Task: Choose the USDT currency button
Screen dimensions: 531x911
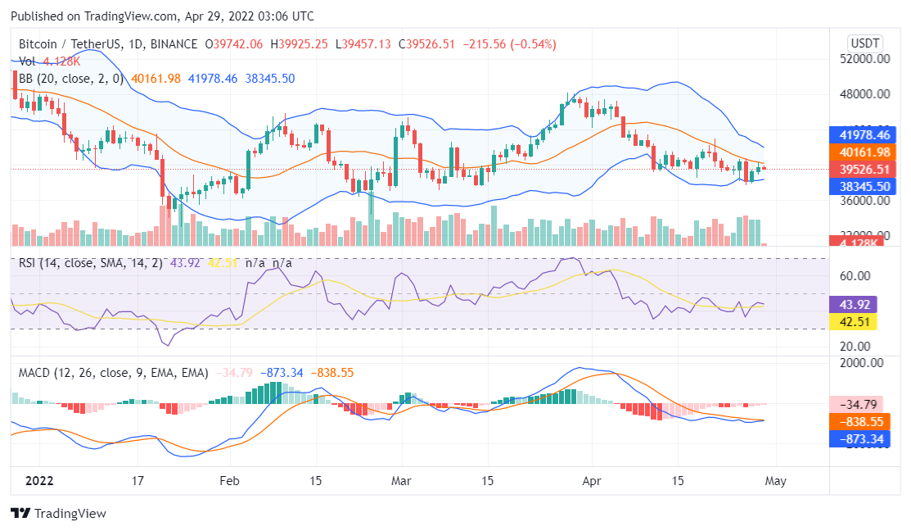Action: (866, 43)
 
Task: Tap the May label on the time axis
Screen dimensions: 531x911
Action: (775, 481)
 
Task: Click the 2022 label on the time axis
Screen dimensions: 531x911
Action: (38, 481)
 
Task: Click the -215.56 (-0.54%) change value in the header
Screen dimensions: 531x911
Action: (510, 44)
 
